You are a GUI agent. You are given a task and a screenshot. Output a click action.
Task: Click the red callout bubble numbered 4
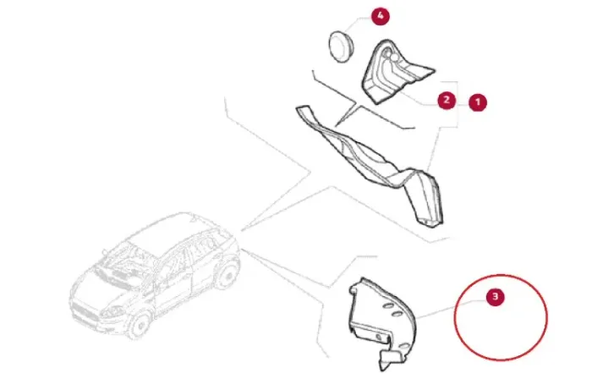click(380, 16)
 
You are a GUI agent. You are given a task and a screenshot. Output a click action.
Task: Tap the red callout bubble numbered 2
click(447, 100)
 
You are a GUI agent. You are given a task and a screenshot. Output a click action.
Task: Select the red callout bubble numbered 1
click(478, 102)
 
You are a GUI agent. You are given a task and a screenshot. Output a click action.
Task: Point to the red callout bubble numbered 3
click(496, 297)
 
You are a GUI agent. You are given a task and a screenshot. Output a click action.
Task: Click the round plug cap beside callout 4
click(342, 46)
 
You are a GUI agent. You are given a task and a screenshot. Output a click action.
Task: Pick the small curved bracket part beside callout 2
click(395, 72)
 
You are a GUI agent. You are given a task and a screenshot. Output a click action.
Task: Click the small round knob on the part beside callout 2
click(394, 58)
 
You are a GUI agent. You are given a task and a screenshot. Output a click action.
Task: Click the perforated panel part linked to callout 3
click(381, 324)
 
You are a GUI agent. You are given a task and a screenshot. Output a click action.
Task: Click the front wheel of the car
click(140, 324)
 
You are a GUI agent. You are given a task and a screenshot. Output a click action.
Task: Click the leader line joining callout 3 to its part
click(452, 309)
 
